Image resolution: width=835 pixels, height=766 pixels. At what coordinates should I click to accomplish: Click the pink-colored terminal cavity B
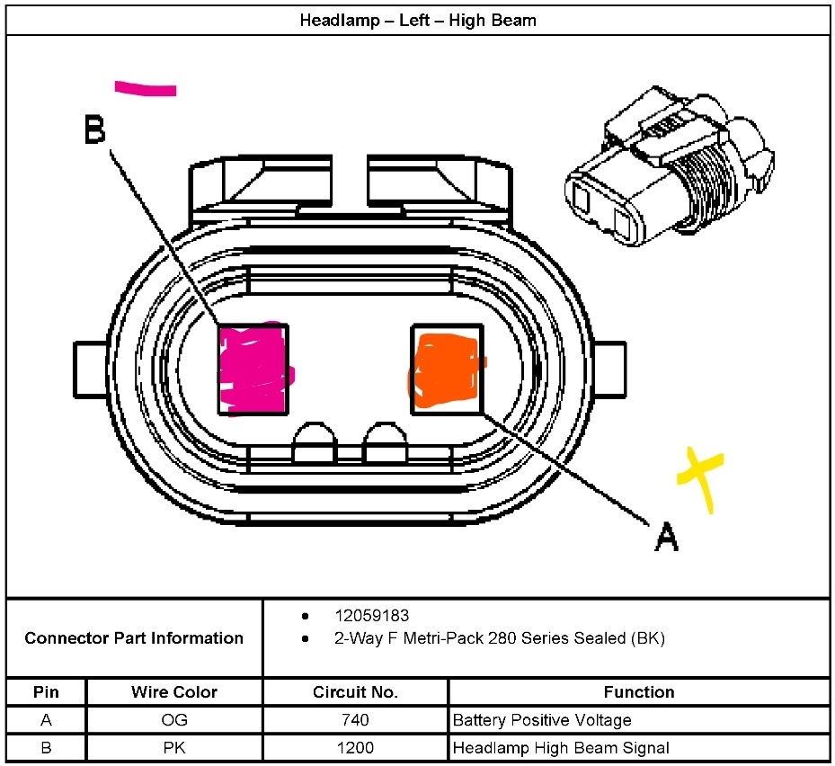(x=254, y=370)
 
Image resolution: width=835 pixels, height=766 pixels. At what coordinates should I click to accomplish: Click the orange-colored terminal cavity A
(x=446, y=369)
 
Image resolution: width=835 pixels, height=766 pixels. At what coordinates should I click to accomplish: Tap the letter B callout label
(x=94, y=131)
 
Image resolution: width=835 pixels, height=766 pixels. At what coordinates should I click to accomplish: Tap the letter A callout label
(x=666, y=537)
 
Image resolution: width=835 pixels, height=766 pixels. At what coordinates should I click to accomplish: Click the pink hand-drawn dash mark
(x=145, y=88)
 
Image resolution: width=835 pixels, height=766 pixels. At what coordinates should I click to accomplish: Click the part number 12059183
(x=371, y=616)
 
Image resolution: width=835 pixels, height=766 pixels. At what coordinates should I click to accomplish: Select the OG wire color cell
(x=174, y=720)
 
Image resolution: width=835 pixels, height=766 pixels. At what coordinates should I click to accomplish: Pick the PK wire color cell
(x=174, y=747)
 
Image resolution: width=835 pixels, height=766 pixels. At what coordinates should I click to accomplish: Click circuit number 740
(x=355, y=720)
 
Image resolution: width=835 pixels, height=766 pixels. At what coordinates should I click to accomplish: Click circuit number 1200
(x=355, y=747)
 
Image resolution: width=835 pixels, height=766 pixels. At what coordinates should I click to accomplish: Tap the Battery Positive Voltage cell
(x=542, y=720)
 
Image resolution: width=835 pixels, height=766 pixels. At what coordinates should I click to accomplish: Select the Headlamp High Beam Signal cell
(x=561, y=747)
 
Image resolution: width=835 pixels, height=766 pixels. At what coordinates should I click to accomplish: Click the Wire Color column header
(x=174, y=692)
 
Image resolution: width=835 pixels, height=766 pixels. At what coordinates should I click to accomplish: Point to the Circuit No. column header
(x=355, y=692)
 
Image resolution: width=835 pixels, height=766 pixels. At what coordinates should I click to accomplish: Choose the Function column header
(x=638, y=692)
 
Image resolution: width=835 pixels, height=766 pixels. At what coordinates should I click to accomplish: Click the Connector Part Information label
(x=134, y=638)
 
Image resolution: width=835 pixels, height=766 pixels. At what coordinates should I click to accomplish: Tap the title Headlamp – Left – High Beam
(x=418, y=20)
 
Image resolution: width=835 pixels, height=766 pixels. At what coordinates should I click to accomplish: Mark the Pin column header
(x=46, y=692)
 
